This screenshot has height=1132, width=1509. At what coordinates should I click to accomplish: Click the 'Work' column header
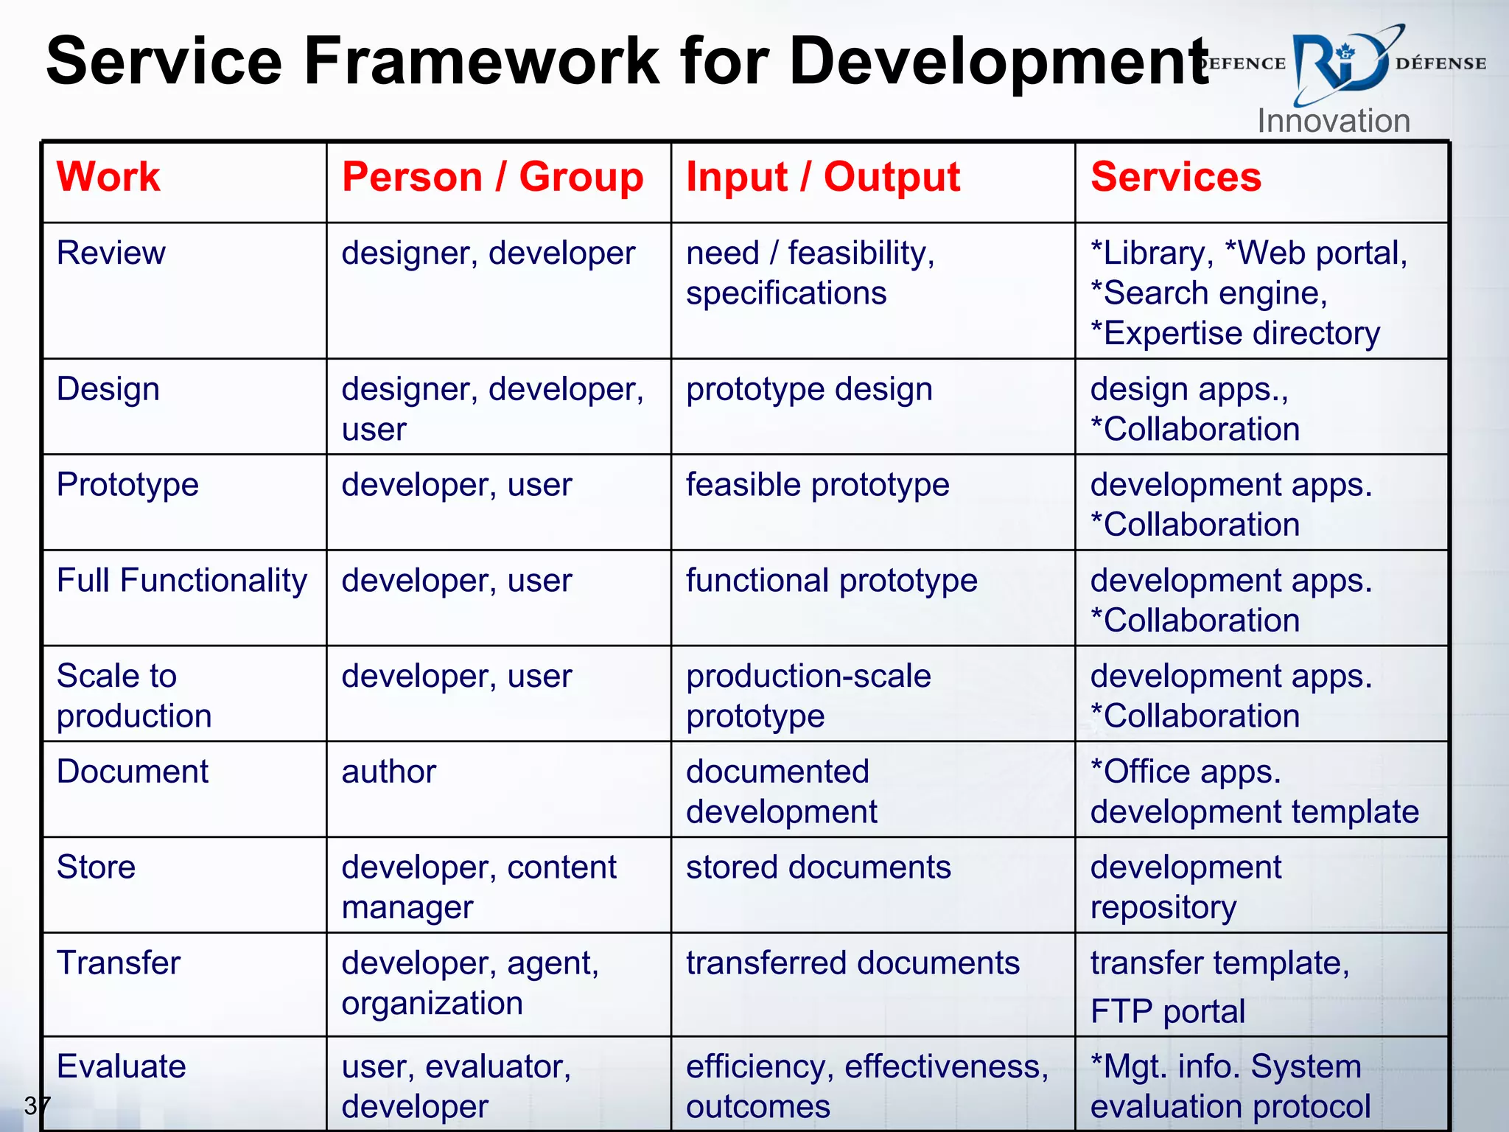[x=108, y=177]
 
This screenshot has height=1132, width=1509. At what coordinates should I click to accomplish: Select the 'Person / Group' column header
[x=492, y=177]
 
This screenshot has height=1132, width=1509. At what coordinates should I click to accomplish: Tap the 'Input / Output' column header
[x=823, y=177]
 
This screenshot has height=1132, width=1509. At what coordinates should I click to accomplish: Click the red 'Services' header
[x=1176, y=177]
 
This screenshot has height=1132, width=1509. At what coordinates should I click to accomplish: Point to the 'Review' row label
[x=111, y=253]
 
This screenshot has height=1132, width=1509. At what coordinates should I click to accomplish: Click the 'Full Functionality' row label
[x=182, y=580]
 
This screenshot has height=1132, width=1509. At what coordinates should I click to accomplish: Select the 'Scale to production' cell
[x=134, y=696]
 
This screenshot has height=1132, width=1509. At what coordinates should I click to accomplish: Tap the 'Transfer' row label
[x=119, y=962]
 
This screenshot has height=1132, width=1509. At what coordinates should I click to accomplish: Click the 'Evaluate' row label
[x=122, y=1066]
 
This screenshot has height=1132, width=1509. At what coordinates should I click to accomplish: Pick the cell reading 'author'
[x=389, y=772]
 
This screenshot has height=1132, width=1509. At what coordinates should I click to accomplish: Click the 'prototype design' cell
[x=809, y=389]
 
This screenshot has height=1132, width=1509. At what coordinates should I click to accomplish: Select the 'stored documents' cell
[x=819, y=867]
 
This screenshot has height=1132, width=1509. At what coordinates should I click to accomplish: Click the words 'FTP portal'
[x=1168, y=1011]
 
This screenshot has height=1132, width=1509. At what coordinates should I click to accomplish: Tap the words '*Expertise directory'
[x=1236, y=334]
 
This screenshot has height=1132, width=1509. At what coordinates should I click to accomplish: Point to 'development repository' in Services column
[x=1186, y=887]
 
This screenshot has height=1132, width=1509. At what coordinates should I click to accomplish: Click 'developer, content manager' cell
[x=479, y=887]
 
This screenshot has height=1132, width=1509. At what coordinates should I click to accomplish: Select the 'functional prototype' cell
[x=832, y=581]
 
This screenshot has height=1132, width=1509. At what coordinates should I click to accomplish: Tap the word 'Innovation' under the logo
[x=1334, y=121]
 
